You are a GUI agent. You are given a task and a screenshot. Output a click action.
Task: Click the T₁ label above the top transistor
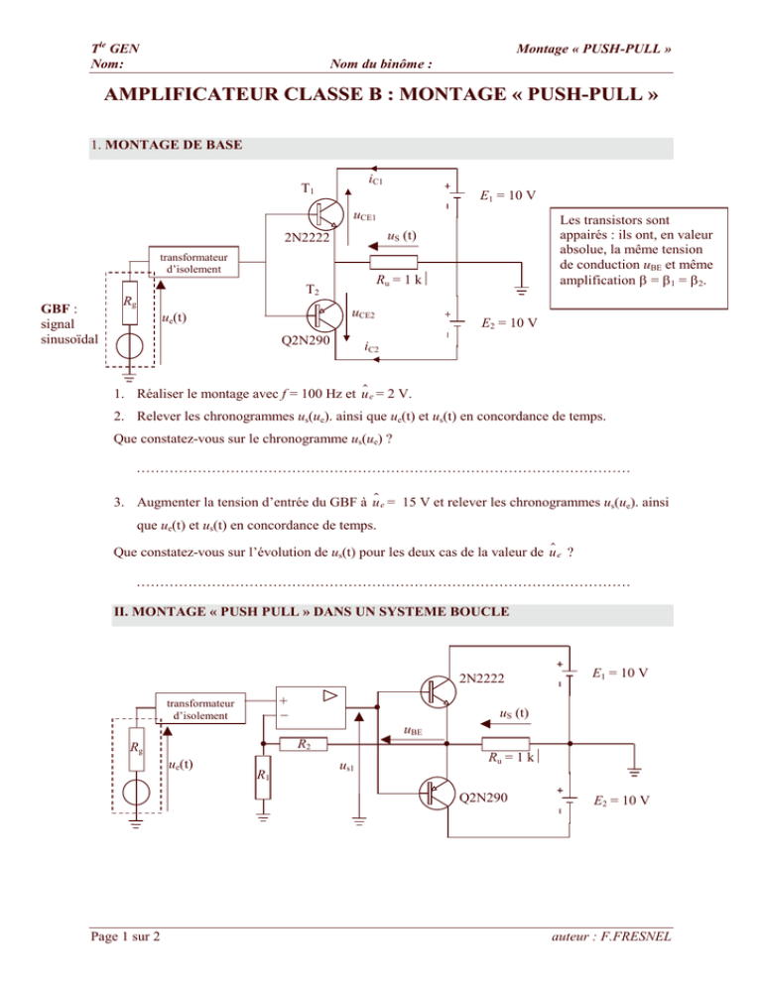click(x=307, y=188)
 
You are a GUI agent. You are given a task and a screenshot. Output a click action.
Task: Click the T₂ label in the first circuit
click(x=313, y=290)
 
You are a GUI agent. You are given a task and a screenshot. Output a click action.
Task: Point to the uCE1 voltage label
click(x=364, y=217)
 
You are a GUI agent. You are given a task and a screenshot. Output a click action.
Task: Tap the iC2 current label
click(x=371, y=346)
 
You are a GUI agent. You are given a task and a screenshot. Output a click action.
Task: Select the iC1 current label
click(x=375, y=180)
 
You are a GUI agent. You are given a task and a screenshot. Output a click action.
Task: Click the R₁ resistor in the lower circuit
click(x=263, y=777)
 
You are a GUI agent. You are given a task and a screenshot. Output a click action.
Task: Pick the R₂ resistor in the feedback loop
click(x=304, y=744)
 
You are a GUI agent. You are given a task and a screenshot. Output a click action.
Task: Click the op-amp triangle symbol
click(x=330, y=695)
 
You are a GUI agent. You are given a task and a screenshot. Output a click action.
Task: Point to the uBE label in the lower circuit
click(x=413, y=731)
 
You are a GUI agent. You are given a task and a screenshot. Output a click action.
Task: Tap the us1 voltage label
click(x=346, y=767)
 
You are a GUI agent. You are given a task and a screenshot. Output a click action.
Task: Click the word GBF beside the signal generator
click(x=56, y=308)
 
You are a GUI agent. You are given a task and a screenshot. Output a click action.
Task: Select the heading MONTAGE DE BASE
click(x=174, y=145)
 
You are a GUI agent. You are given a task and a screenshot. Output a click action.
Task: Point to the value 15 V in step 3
click(x=416, y=503)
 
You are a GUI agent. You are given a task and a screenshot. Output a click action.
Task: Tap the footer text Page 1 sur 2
click(x=125, y=936)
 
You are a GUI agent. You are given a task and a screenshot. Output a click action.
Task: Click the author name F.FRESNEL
click(x=636, y=936)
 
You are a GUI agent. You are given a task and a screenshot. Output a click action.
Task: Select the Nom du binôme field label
click(x=381, y=63)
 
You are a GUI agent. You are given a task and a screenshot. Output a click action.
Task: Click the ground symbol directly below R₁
click(x=263, y=816)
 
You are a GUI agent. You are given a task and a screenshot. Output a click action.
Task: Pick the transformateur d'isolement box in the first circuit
click(x=193, y=262)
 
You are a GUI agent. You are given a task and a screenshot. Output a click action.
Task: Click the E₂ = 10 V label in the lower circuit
click(x=622, y=801)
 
